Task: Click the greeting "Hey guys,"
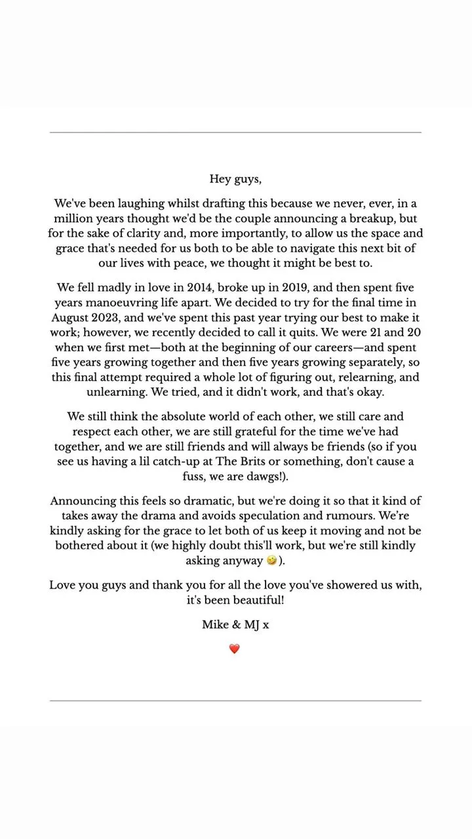(235, 179)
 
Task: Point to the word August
(70, 318)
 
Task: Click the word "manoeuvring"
(116, 303)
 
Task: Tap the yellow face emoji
(271, 561)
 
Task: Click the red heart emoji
(235, 649)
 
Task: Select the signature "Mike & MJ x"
(235, 625)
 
